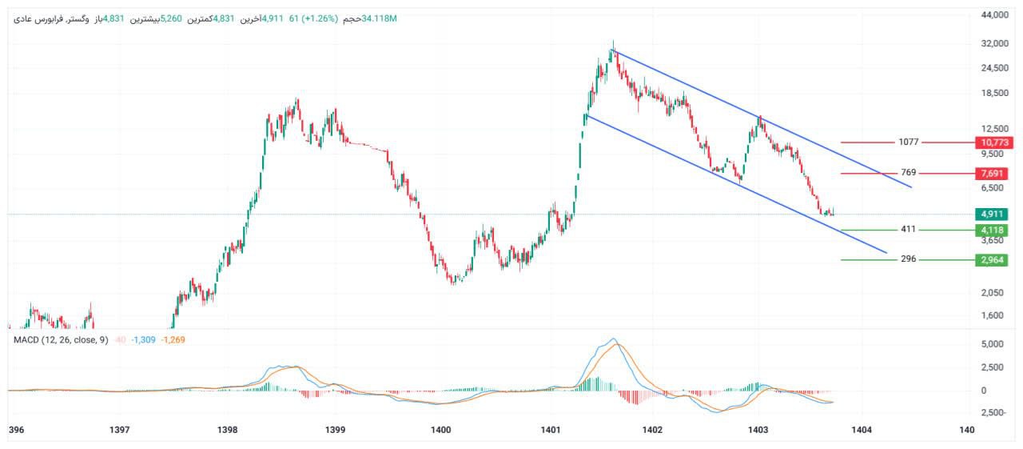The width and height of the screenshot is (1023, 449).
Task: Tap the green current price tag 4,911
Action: tap(994, 214)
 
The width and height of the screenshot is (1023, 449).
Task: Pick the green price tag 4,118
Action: tap(994, 230)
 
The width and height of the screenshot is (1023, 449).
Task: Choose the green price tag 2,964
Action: tap(994, 259)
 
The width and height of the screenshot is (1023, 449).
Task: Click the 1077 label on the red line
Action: tap(909, 142)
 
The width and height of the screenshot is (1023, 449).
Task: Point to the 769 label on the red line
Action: tap(909, 173)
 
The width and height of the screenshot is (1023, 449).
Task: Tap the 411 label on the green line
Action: tap(909, 230)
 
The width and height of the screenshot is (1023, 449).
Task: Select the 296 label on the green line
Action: tap(909, 259)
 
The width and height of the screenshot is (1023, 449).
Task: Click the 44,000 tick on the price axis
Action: tap(995, 15)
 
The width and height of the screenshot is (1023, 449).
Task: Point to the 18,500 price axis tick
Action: tap(995, 93)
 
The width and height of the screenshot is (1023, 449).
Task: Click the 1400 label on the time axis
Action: tap(440, 430)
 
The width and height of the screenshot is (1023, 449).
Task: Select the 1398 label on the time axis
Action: tap(228, 430)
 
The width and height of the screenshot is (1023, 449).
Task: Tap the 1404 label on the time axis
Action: tap(861, 430)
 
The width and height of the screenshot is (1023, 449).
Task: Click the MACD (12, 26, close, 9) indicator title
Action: tap(61, 340)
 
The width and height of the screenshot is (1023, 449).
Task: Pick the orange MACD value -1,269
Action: tap(173, 340)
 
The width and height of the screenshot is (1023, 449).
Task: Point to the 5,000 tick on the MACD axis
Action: tap(993, 344)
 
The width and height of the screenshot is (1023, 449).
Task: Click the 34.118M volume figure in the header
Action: tap(379, 18)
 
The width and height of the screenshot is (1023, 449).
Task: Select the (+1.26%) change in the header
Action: tap(318, 18)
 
